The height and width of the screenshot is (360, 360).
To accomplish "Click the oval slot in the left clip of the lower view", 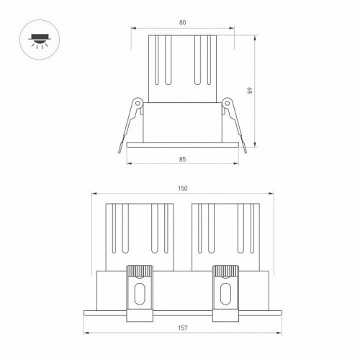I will (141, 295).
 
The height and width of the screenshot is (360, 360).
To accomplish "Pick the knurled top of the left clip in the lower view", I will (141, 271).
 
